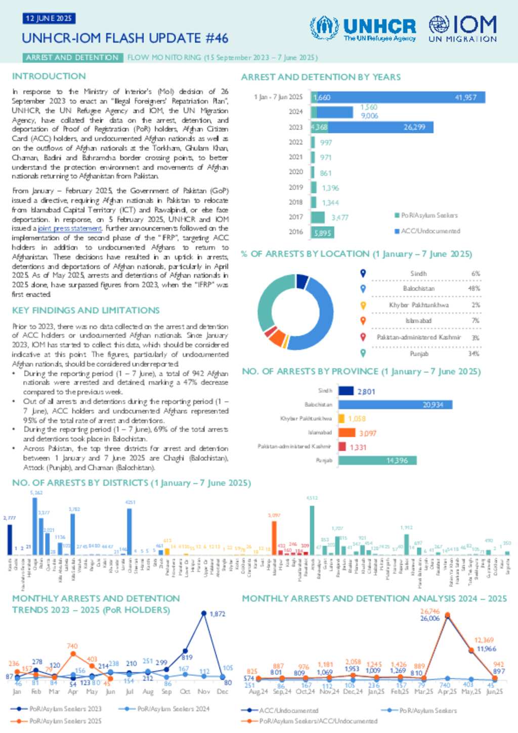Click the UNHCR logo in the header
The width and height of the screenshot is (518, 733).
362,28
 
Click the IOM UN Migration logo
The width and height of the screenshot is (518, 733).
462,28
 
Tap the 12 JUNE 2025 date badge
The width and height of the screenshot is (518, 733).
49,19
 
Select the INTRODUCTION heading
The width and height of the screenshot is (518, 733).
49,76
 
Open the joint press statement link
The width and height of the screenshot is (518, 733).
70,229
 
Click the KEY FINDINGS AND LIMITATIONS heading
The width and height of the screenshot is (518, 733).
86,310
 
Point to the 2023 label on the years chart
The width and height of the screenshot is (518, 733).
295,127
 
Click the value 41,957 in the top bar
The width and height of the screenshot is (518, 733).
465,97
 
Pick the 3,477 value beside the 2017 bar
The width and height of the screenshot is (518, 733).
340,218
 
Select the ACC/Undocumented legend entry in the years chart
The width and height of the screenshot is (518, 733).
430,231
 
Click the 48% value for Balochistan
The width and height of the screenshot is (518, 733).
474,288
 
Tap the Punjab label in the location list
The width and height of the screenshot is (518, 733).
419,354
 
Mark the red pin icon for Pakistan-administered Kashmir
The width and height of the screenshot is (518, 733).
363,337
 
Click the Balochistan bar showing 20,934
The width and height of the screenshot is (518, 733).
395,405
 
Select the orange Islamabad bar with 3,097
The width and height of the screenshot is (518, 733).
347,433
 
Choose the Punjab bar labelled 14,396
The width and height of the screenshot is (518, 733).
377,460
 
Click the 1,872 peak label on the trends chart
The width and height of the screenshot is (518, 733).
217,614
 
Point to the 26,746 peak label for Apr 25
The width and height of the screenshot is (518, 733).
430,611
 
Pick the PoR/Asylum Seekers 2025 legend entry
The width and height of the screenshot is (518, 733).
65,720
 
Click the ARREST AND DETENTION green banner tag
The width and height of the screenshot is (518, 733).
72,58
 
